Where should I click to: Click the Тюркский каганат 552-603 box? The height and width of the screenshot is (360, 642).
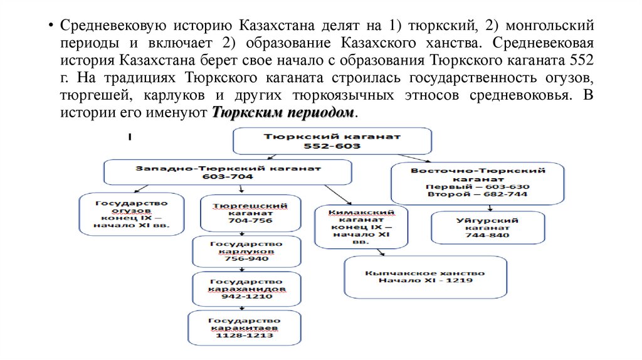[x=332, y=141]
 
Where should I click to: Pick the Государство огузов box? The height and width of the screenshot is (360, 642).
[x=132, y=214]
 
